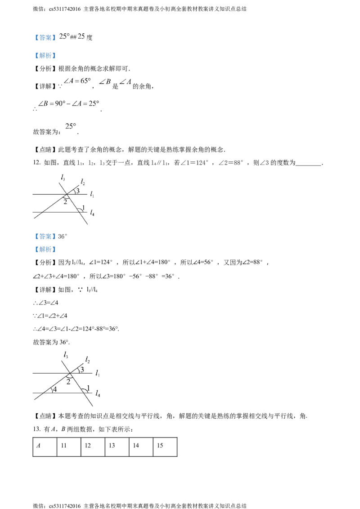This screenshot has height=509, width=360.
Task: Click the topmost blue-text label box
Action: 45,38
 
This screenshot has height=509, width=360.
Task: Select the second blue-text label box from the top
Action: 45,56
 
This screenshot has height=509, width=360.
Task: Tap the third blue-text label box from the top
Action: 45,236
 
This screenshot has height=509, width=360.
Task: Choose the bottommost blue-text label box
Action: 45,250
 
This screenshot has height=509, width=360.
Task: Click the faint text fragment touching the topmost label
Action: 62,36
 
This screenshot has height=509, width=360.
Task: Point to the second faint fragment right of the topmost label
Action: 82,36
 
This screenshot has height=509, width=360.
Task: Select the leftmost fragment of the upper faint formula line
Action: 69,81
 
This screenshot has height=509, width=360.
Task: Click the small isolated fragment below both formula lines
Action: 70,126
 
